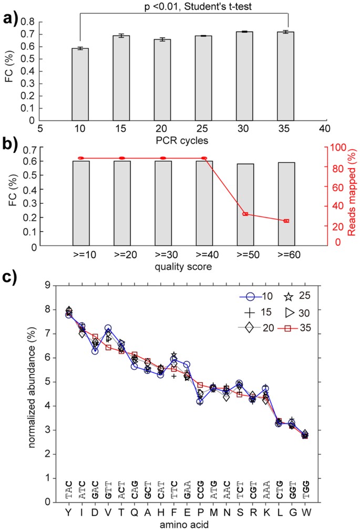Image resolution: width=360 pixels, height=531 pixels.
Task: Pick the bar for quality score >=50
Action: [245, 205]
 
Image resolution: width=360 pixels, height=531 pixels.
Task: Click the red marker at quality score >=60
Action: [286, 221]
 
